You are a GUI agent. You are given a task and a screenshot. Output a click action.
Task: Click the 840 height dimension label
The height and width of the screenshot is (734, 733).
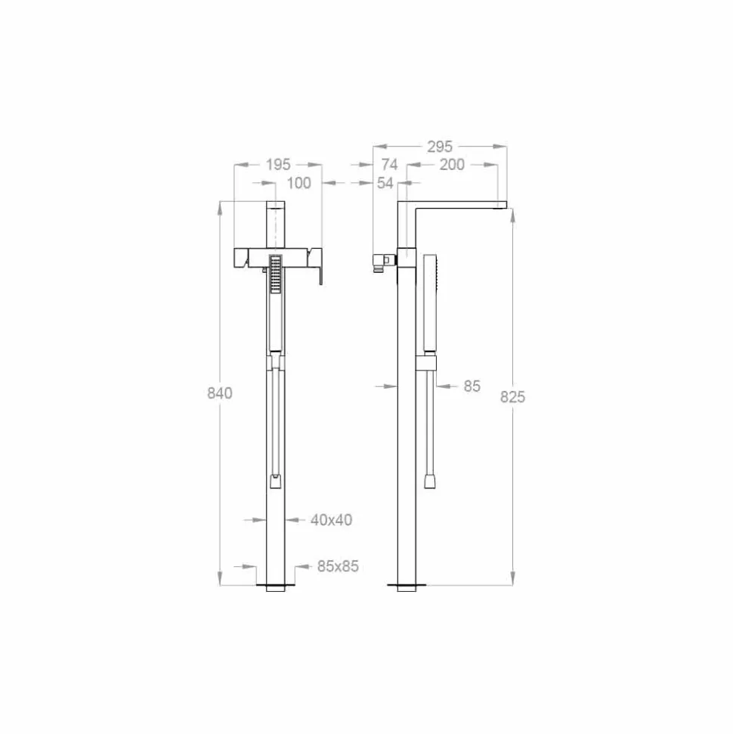pos(220,393)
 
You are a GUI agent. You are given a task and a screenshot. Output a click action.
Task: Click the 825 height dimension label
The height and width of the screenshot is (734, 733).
pos(512,397)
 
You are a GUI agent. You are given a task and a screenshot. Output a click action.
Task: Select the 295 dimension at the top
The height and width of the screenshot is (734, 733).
pos(440,147)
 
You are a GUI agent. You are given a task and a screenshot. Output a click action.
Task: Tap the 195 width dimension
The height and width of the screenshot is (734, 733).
pos(278,165)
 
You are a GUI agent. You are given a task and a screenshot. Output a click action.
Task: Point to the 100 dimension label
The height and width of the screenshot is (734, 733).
pos(298,183)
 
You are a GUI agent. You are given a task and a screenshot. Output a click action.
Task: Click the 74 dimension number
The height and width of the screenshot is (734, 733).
pos(389,165)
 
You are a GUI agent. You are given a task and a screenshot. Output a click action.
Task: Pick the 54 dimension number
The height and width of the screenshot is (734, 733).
pos(385,183)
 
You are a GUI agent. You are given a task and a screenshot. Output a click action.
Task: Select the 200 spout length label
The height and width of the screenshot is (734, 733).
pos(452,165)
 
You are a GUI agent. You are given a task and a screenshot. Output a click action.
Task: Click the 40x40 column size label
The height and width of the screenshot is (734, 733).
pos(332,520)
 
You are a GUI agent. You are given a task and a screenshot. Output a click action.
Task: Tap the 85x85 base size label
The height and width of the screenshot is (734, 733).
pos(338,566)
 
